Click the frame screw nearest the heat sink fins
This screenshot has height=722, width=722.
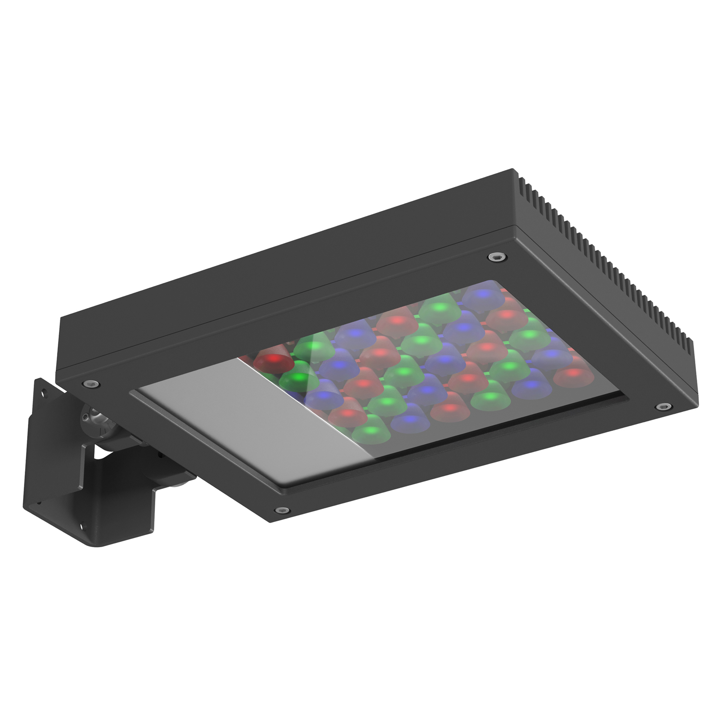[497, 257]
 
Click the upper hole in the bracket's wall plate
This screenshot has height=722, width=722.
[44, 393]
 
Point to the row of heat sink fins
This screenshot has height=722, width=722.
[605, 262]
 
